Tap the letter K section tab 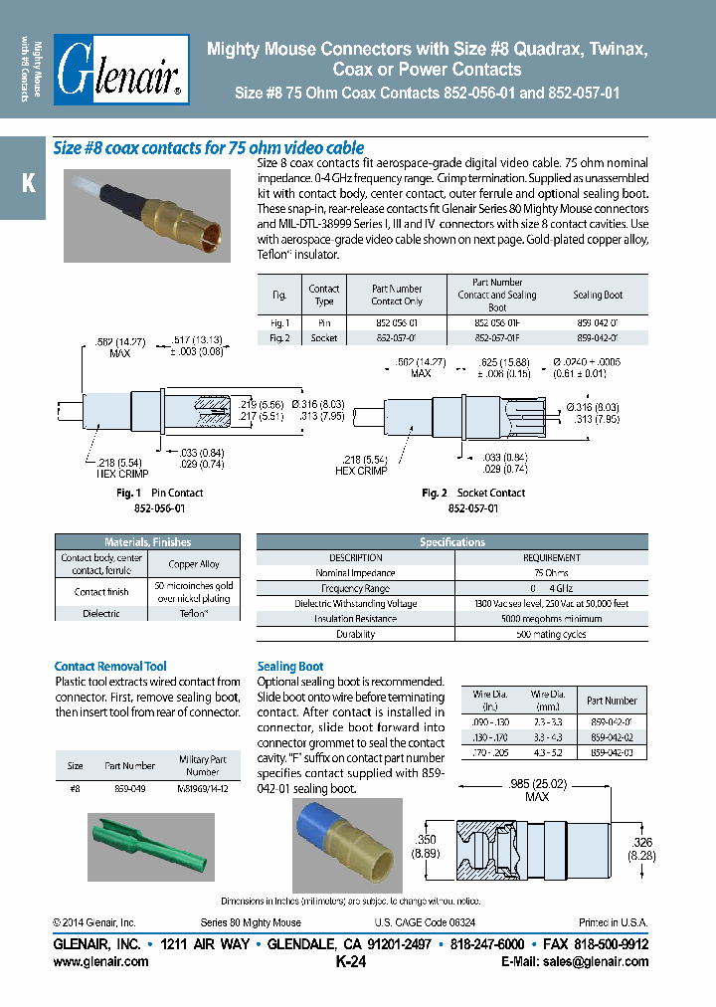28,184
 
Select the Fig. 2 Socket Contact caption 473,494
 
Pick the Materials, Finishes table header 147,542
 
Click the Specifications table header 452,542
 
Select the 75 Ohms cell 551,573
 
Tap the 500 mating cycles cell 551,634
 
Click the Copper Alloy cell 194,564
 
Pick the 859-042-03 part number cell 612,753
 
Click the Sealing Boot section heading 290,667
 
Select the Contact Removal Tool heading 110,667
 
